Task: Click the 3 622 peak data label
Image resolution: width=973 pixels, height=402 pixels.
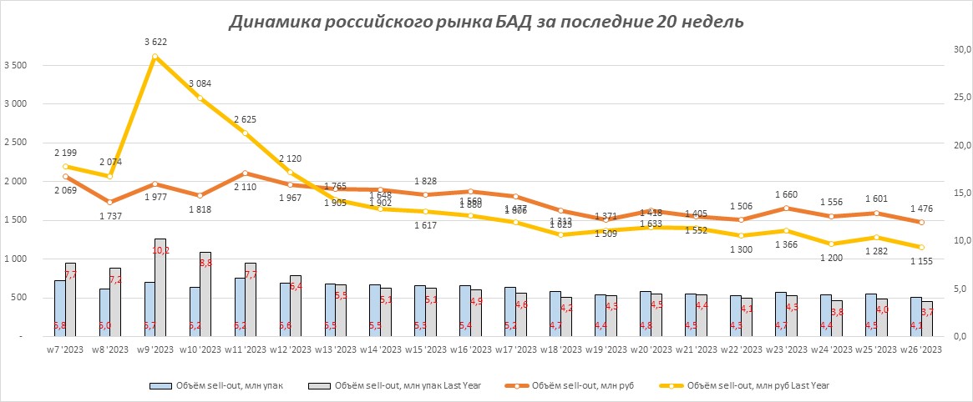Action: pyautogui.click(x=155, y=41)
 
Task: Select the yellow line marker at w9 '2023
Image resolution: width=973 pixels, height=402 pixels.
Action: pyautogui.click(x=155, y=57)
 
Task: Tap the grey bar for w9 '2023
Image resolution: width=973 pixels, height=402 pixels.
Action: pyautogui.click(x=160, y=288)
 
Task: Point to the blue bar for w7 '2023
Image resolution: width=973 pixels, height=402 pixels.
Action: pyautogui.click(x=60, y=308)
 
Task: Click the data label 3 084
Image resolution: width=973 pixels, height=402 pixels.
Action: pyautogui.click(x=200, y=83)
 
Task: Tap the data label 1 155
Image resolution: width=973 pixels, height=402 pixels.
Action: pyautogui.click(x=921, y=262)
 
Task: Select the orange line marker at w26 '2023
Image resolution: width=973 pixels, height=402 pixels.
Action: pyautogui.click(x=921, y=222)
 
